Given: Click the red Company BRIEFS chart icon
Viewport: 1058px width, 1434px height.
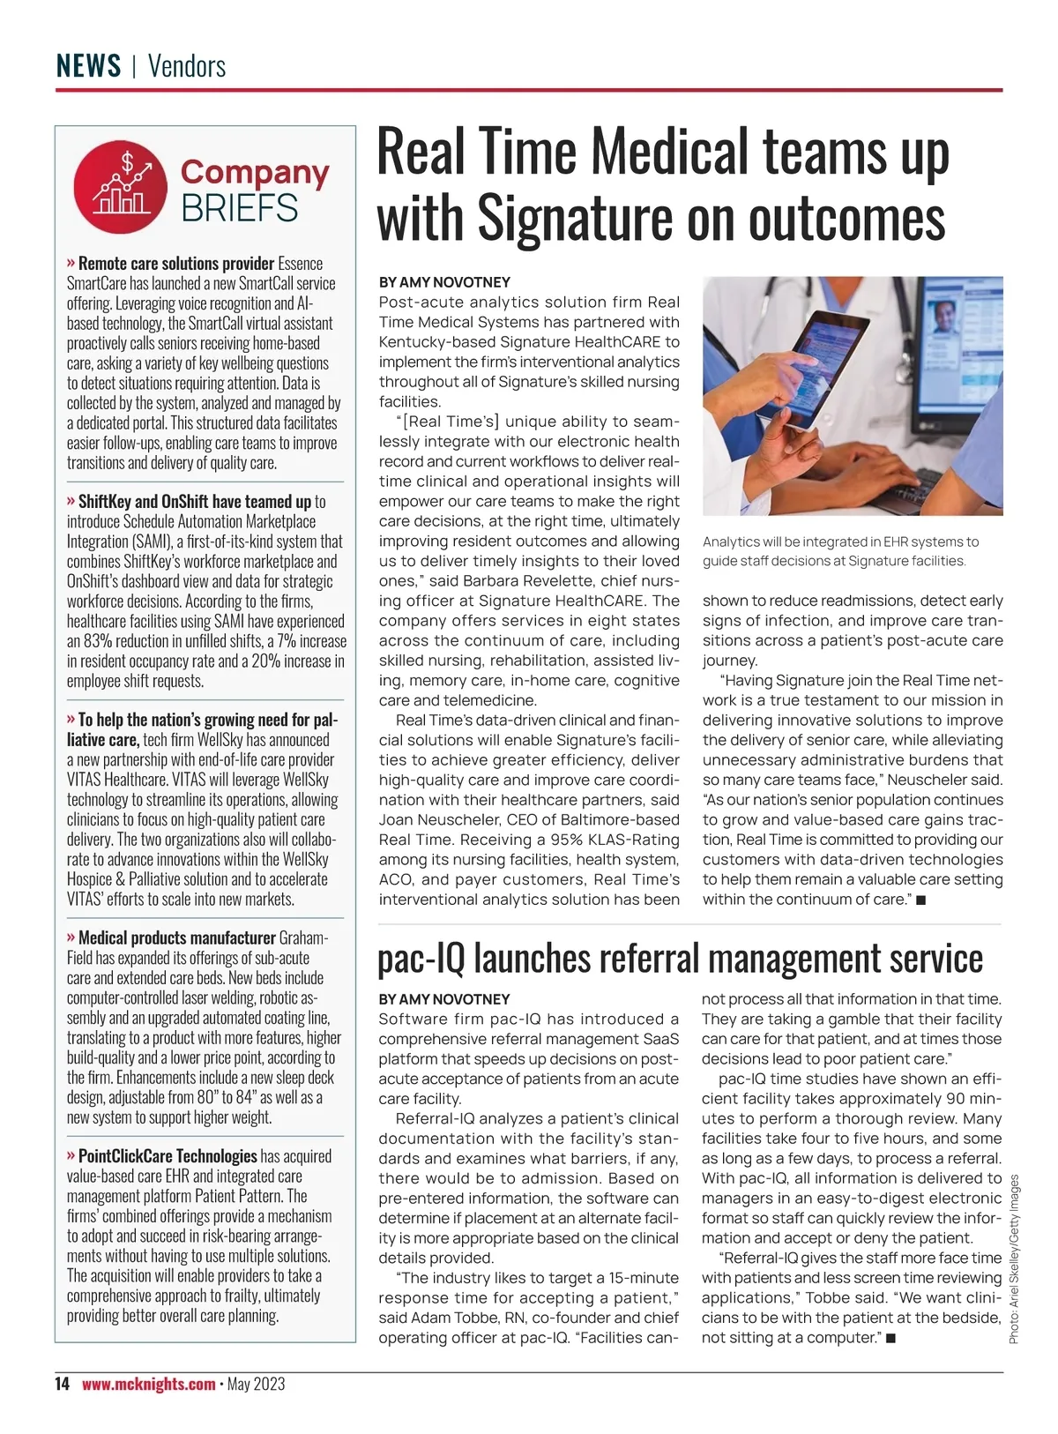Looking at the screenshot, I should coord(120,188).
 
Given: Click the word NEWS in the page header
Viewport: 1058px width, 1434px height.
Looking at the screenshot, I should coord(88,66).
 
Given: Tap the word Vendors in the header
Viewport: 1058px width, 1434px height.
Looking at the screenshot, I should coord(187,66).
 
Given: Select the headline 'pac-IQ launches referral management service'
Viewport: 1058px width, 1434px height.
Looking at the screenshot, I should coord(680,959).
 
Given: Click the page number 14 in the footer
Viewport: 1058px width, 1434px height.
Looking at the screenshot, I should coord(62,1384).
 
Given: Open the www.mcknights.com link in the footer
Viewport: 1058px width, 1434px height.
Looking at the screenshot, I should coord(148,1384).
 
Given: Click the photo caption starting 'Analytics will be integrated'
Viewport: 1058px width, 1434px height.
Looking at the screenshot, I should coord(840,550).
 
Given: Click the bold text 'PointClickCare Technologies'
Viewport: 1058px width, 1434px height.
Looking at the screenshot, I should coord(168,1156).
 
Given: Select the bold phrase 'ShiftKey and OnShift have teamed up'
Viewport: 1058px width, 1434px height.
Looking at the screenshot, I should coord(194,502).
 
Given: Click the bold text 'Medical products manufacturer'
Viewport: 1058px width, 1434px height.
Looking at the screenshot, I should coord(176,937).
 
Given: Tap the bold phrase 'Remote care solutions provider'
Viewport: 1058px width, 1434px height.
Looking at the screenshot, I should coord(175,264).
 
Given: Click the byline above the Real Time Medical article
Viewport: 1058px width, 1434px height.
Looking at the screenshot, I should coord(444,282).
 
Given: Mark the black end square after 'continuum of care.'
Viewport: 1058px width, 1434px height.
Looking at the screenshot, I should coord(920,900).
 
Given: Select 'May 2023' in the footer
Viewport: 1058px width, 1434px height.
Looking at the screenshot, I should coord(256,1384).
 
